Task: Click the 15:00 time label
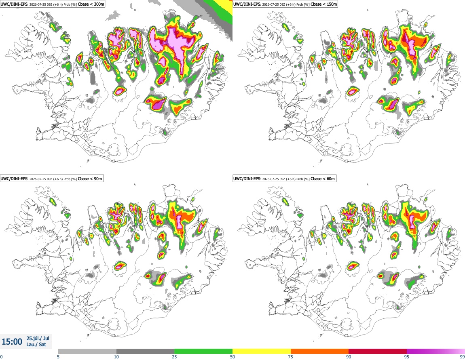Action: tap(12, 342)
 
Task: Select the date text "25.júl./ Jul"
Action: tap(38, 338)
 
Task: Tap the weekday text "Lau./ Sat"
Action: tap(36, 345)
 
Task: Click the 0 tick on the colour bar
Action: tap(2, 357)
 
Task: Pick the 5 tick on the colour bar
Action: tap(58, 357)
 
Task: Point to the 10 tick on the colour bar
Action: tap(116, 357)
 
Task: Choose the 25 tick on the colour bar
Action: tap(174, 357)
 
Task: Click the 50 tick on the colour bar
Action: tap(232, 357)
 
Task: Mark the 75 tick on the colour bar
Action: tap(291, 357)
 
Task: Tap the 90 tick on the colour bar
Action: tap(349, 357)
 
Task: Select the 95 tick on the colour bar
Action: tap(407, 357)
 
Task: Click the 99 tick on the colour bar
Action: tap(462, 357)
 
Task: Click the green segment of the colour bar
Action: tap(203, 352)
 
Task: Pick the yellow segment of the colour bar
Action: tap(262, 352)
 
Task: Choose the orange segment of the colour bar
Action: tap(320, 352)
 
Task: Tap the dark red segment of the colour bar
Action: tap(378, 352)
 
